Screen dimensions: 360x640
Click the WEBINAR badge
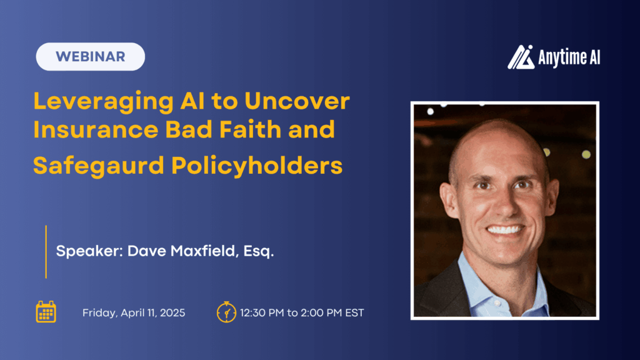(91, 56)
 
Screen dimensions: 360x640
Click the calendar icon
(46, 312)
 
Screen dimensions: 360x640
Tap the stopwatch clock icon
(226, 311)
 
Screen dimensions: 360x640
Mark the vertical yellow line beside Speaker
(46, 251)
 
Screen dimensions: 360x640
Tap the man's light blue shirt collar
(475, 275)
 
